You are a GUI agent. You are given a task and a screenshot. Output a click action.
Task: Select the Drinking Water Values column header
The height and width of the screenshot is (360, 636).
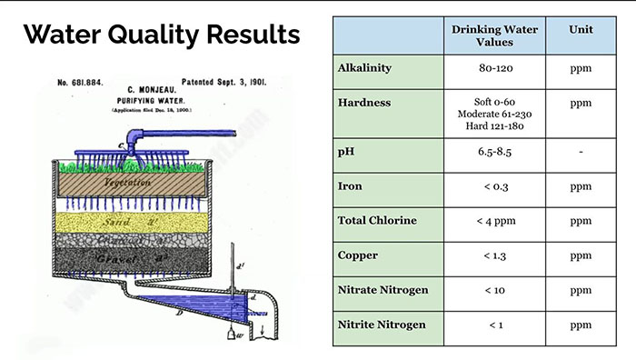pos(495,36)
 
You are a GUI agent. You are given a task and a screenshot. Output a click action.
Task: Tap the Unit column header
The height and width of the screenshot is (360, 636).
pos(581,30)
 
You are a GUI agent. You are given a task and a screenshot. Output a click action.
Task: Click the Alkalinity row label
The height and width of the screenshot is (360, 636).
pos(364,68)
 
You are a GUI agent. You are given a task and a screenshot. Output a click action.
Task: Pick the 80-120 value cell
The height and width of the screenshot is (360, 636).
pos(495,69)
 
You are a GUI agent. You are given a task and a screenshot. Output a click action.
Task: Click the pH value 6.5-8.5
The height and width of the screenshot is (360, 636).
pos(495,152)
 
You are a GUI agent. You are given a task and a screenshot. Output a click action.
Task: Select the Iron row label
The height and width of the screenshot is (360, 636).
pos(351,186)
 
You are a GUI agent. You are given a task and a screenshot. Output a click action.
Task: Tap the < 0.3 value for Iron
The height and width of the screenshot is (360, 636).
pos(495,186)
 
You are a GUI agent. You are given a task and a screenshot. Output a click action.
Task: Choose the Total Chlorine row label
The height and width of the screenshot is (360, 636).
pos(377,221)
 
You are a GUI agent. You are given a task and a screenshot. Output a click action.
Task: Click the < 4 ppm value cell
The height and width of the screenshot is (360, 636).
pos(495,221)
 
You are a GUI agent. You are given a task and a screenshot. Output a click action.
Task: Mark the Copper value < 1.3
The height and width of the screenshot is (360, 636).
pos(495,255)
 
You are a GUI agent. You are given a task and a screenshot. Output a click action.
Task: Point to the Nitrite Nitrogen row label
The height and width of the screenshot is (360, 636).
pos(381,325)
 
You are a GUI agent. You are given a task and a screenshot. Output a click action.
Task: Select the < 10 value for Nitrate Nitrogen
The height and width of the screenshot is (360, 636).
pos(495,290)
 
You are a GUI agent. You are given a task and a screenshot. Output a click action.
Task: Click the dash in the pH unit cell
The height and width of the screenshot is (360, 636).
pos(581,152)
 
